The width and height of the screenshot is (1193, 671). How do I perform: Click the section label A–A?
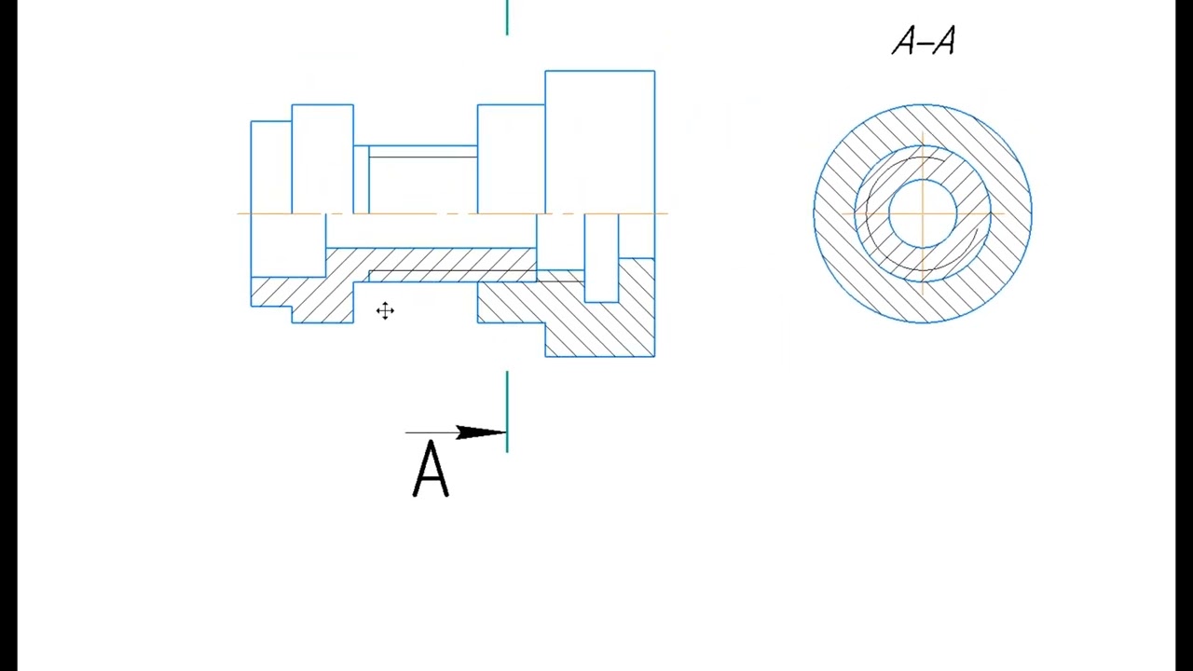(x=924, y=41)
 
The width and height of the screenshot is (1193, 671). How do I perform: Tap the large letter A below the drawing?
(x=431, y=469)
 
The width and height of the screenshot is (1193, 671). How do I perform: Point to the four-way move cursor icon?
(x=385, y=310)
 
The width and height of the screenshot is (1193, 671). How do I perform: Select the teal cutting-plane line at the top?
(x=507, y=18)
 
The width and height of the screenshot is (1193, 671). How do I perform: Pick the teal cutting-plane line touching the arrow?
(x=507, y=412)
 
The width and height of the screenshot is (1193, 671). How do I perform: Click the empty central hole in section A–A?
(x=923, y=213)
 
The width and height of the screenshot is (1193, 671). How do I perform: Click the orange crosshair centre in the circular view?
(x=923, y=213)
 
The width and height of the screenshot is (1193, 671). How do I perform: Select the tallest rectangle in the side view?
(x=600, y=142)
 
